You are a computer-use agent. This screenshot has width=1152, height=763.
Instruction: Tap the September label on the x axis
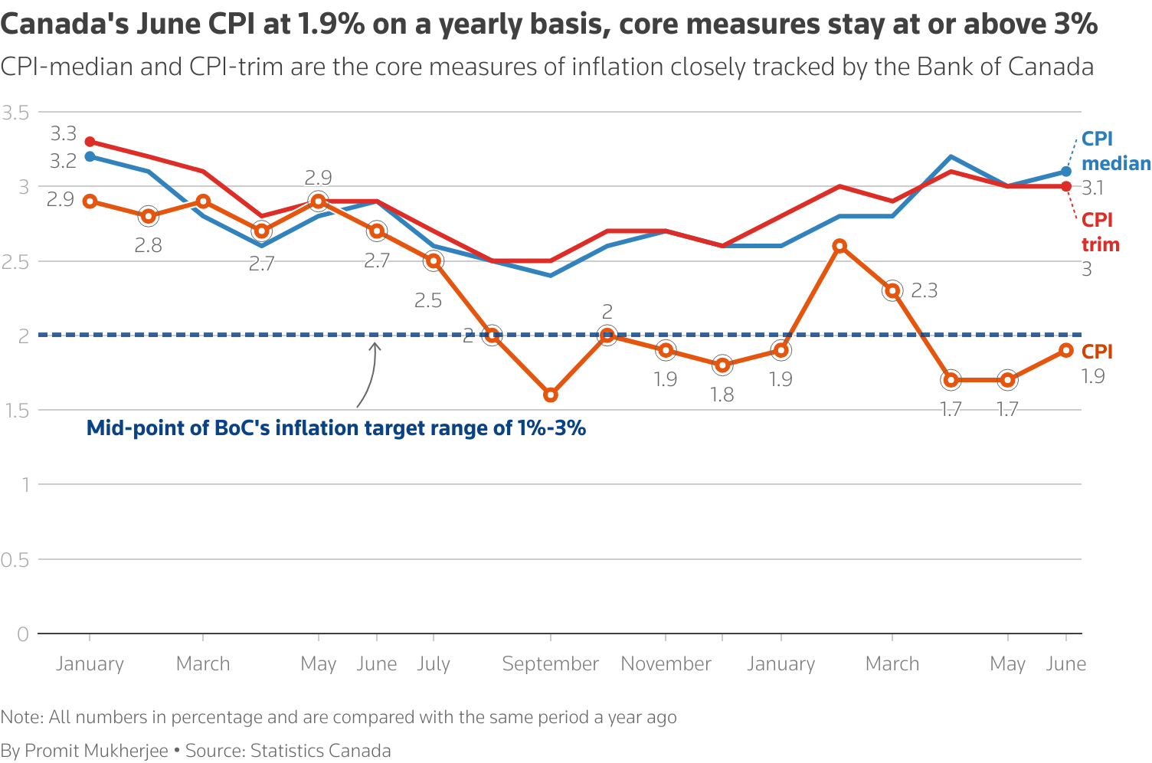[x=550, y=663]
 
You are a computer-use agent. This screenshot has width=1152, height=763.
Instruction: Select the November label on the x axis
[x=666, y=663]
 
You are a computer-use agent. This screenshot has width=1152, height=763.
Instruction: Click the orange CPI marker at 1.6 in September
[x=550, y=395]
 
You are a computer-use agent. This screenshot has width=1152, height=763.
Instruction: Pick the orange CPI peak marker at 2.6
[x=839, y=246]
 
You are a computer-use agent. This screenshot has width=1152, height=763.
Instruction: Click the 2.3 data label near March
[x=924, y=291]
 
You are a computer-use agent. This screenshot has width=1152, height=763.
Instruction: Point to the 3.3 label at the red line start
[x=64, y=134]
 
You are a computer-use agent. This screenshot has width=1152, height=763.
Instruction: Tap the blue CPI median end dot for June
[x=1066, y=172]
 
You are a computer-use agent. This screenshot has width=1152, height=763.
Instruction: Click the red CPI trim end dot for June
[x=1066, y=186]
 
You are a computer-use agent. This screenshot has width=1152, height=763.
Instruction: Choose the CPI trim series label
[x=1100, y=232]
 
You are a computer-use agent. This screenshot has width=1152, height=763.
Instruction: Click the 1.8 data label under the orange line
[x=722, y=395]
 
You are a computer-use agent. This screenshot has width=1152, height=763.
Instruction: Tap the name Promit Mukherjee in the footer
[x=97, y=751]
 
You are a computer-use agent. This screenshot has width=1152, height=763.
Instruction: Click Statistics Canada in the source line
[x=320, y=751]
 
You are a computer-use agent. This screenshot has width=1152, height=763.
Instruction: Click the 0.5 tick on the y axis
[x=15, y=559]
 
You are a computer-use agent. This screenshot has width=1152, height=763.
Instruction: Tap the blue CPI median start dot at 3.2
[x=90, y=156]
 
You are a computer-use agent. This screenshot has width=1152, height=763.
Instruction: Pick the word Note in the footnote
[x=21, y=717]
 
